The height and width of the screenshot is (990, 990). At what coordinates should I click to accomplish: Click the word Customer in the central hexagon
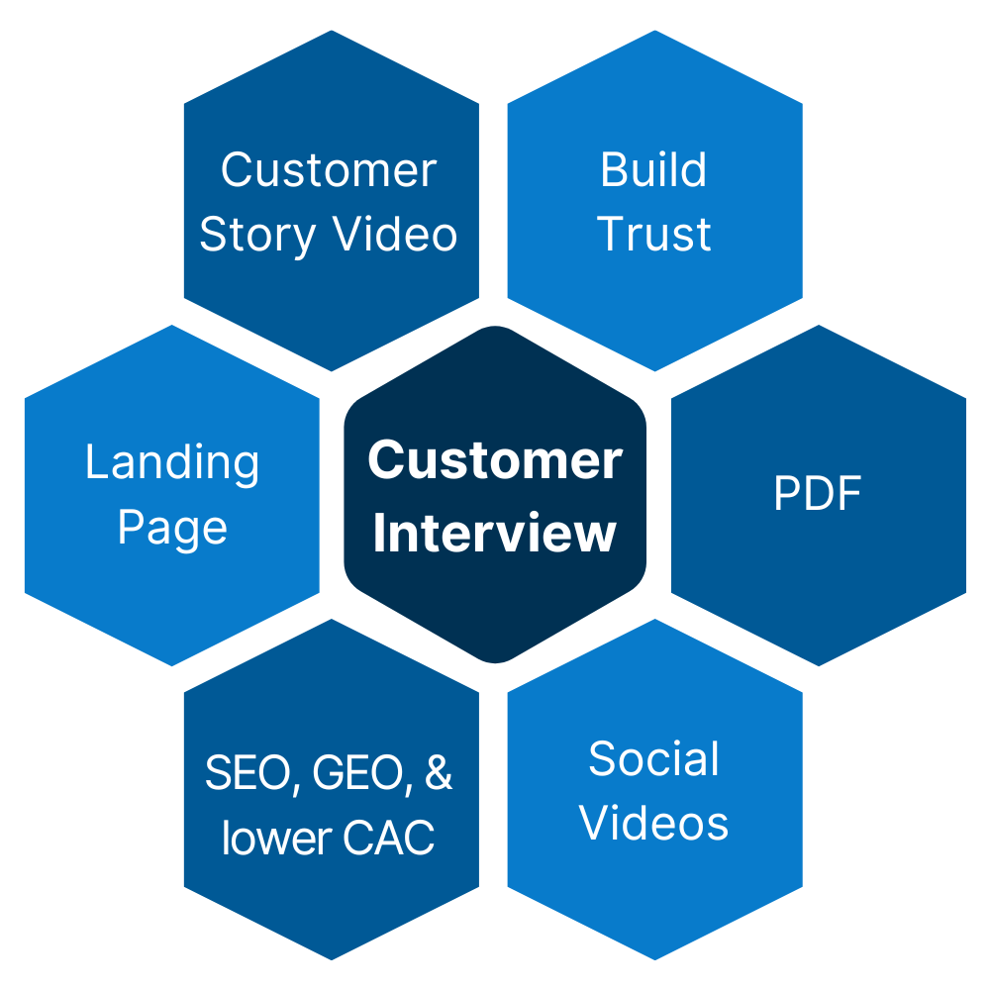pyautogui.click(x=495, y=460)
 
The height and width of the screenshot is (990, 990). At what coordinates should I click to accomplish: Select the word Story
pyautogui.click(x=258, y=236)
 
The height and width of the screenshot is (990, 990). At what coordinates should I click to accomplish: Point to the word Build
pyautogui.click(x=653, y=170)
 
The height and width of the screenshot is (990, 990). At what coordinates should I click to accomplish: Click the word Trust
pyautogui.click(x=654, y=235)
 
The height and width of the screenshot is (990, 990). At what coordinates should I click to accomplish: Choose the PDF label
pyautogui.click(x=818, y=494)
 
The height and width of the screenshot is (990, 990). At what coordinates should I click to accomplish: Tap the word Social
pyautogui.click(x=653, y=759)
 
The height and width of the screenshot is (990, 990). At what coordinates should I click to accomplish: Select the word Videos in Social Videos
pyautogui.click(x=653, y=824)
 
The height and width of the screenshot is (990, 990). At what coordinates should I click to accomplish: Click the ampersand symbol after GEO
pyautogui.click(x=438, y=773)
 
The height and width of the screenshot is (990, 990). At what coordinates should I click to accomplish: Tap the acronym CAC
pyautogui.click(x=389, y=839)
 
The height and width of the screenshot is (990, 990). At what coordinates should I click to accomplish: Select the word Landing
pyautogui.click(x=172, y=463)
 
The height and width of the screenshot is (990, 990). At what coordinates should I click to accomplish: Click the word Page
pyautogui.click(x=172, y=529)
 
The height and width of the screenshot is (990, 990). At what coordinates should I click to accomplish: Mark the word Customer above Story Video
pyautogui.click(x=329, y=170)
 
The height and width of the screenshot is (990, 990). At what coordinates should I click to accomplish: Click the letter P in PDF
pyautogui.click(x=784, y=494)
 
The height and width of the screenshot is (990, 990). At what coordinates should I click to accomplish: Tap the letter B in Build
pyautogui.click(x=612, y=170)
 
